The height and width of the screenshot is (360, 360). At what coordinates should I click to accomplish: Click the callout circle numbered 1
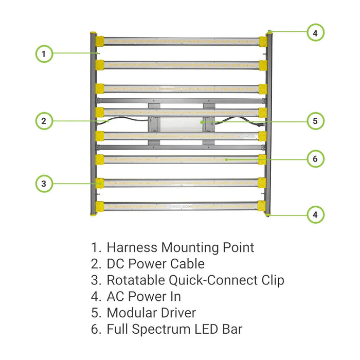pos(45,53)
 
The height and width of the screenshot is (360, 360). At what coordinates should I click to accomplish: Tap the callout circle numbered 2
pos(44,121)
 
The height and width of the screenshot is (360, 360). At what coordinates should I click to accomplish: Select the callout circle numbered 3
pos(44,183)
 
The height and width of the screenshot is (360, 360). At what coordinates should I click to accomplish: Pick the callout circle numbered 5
pos(315,121)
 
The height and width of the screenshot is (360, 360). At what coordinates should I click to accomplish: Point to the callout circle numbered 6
pos(315,159)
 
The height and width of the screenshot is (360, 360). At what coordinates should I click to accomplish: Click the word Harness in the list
pos(132,247)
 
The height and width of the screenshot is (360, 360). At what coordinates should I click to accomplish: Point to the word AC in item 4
pos(116,297)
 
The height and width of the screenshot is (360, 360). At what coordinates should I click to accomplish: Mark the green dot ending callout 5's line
pos(202,122)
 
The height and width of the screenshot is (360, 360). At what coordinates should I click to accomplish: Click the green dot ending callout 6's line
pos(226,159)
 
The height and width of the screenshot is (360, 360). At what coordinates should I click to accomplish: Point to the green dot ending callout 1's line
pos(98,52)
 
